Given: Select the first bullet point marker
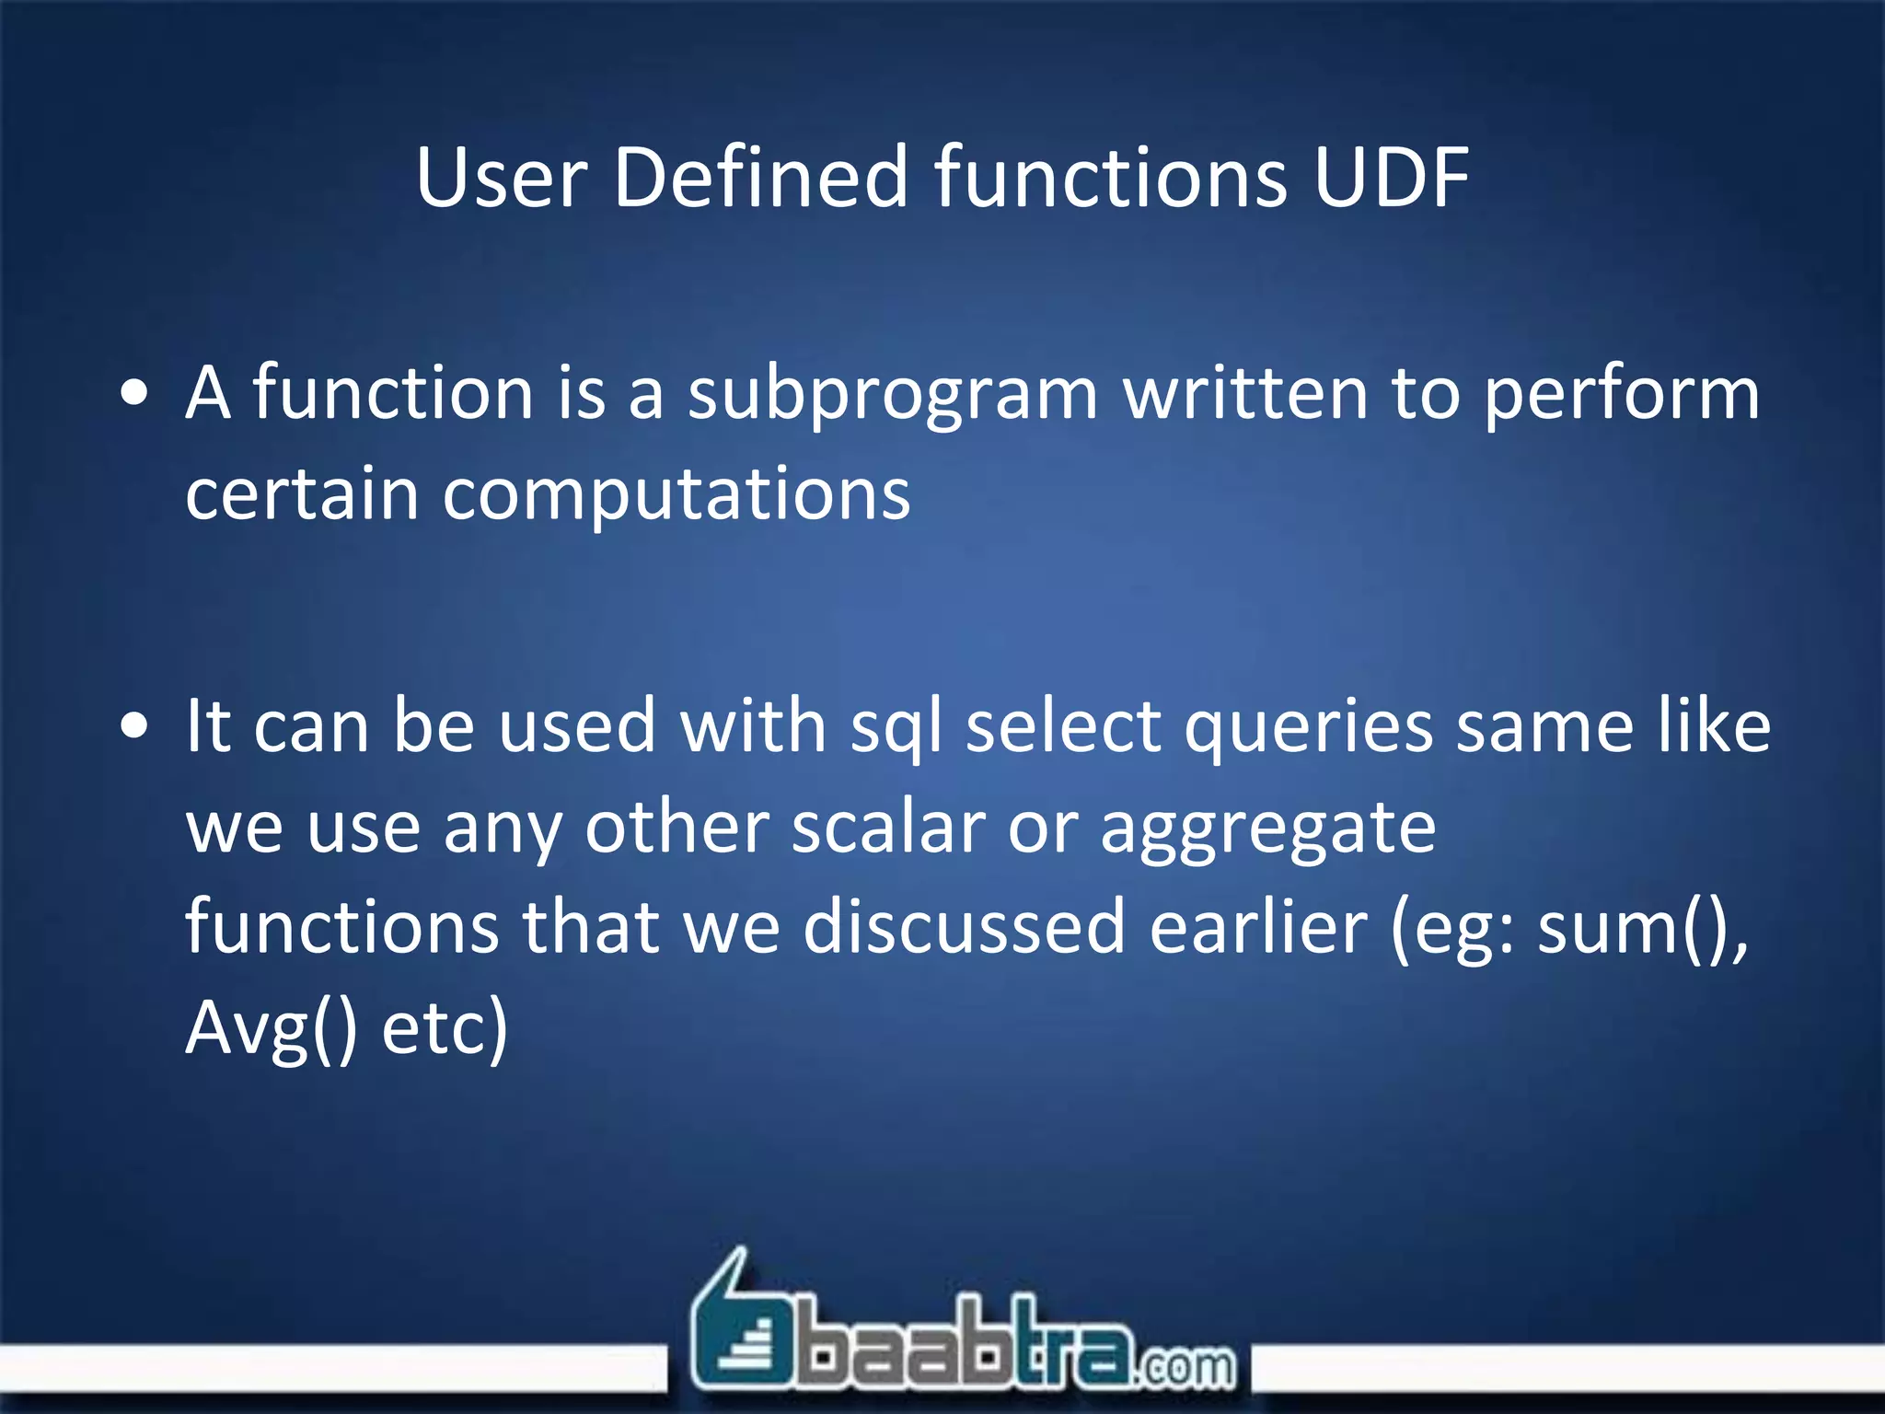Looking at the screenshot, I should point(134,394).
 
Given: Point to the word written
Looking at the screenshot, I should point(1244,394).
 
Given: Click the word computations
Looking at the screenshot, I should point(677,495).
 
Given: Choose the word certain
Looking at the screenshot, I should point(302,493).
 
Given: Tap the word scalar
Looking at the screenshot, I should point(888,827).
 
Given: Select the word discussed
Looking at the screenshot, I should point(964,927).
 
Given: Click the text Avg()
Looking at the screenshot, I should point(272,1028).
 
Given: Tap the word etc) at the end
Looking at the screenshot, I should point(445,1028).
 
